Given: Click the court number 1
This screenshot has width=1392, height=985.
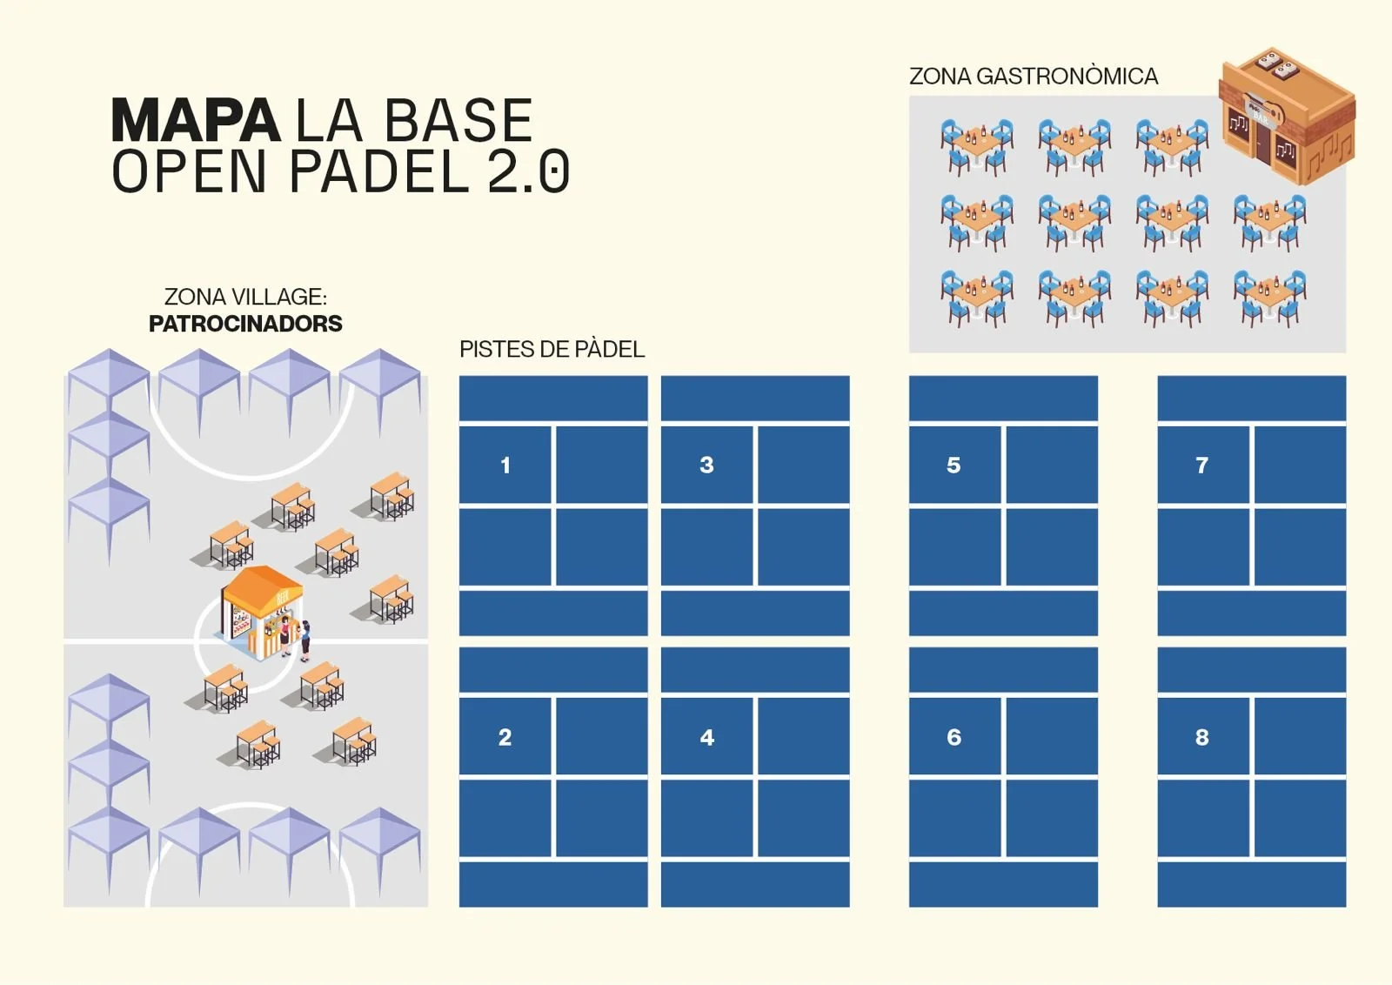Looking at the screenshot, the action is [x=505, y=466].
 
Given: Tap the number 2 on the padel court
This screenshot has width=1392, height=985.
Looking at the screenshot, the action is [x=505, y=738].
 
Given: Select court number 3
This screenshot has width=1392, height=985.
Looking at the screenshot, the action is [x=706, y=466].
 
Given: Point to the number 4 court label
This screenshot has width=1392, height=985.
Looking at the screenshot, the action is [x=707, y=738].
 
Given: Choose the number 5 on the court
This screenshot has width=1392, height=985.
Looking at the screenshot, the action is [x=954, y=466].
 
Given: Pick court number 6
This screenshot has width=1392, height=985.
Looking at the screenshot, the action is [x=954, y=738].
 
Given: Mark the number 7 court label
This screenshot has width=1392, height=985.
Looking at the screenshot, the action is [x=1202, y=466].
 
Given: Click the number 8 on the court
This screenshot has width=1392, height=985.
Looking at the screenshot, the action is [x=1202, y=738].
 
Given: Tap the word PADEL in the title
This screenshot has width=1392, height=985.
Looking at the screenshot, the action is [x=379, y=171].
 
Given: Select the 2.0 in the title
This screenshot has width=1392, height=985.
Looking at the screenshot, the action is [x=528, y=171].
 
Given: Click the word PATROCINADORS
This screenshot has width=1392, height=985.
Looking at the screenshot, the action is [x=245, y=324].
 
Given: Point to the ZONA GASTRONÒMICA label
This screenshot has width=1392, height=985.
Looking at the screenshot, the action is [x=1034, y=77].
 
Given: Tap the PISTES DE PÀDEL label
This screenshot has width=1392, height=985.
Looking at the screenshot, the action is [x=552, y=350].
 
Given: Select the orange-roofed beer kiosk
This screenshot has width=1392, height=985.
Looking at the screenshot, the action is [x=259, y=609].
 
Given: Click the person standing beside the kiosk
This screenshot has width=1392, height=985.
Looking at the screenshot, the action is [x=305, y=640].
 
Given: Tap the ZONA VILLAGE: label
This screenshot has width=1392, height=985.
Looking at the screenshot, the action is [x=245, y=297].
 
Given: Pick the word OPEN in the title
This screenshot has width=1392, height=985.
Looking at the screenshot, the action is [x=190, y=171].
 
